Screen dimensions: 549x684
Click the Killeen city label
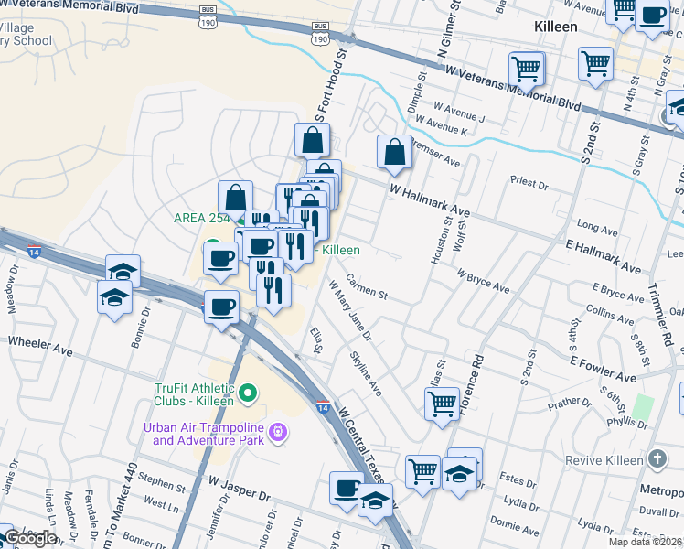(556, 27)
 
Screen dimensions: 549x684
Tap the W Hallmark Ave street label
(429, 202)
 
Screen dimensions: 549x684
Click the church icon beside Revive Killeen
(657, 458)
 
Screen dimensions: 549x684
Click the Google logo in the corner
(30, 538)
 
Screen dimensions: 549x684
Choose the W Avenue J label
(460, 116)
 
